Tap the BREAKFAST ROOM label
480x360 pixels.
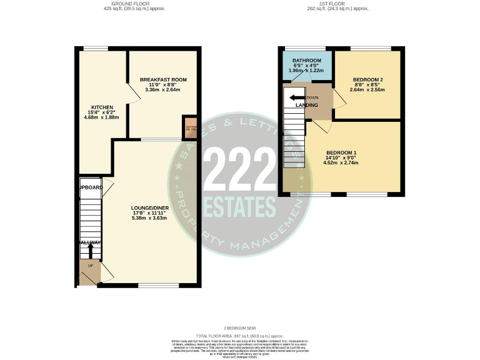pos(163,80)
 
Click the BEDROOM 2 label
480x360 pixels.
pos(367,80)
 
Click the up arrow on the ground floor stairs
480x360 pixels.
pos(90,250)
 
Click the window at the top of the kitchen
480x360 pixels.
pos(96,49)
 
